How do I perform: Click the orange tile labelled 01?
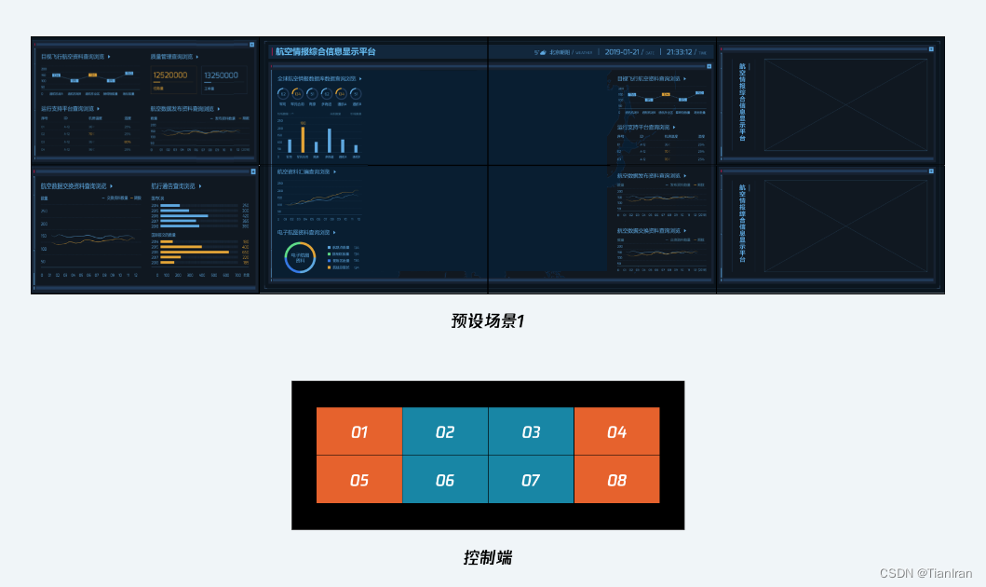point(359,431)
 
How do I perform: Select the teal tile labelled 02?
point(445,431)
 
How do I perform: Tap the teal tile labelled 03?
point(531,431)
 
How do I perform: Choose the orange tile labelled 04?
point(616,431)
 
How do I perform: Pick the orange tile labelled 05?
point(359,480)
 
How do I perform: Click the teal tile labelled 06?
point(445,480)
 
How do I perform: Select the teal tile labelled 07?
point(531,480)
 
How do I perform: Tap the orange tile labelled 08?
point(616,480)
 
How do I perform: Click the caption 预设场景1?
point(488,321)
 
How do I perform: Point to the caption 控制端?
point(488,557)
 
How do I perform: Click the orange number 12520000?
point(170,75)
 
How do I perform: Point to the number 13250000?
point(222,75)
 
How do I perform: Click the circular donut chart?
point(300,258)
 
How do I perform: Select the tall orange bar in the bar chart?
point(302,139)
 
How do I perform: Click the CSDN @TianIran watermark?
point(925,573)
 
